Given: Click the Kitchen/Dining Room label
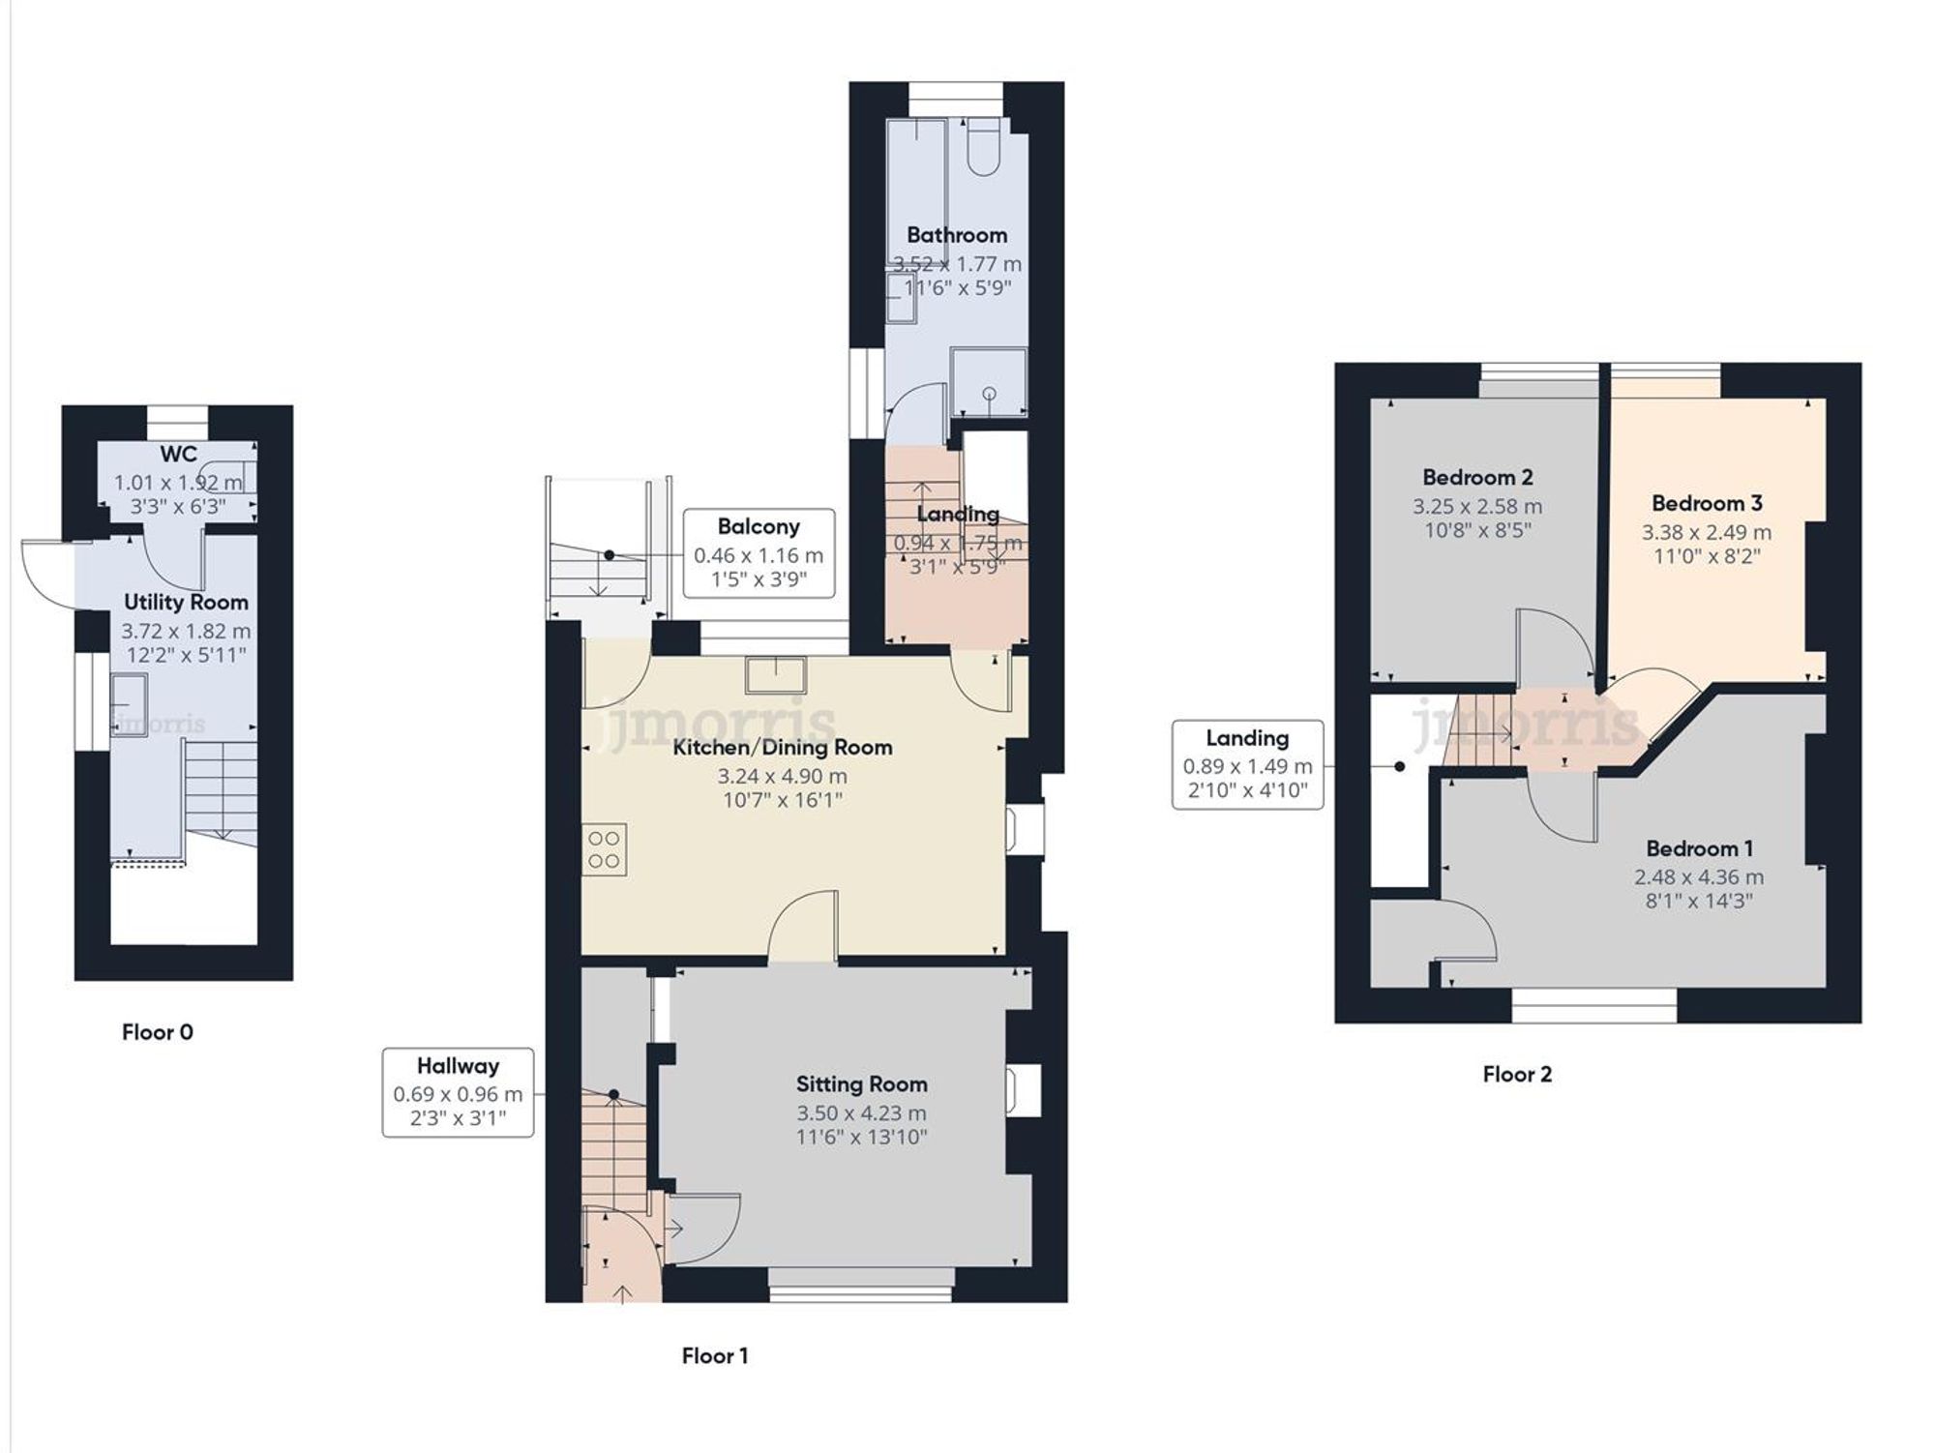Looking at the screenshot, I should [782, 747].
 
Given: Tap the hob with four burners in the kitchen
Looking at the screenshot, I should [605, 849].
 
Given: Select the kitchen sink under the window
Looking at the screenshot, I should [775, 674].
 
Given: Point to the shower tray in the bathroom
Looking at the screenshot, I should [988, 383].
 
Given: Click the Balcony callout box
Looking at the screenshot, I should [759, 553].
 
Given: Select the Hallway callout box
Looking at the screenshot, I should [458, 1092].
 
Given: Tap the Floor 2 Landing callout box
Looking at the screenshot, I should [1247, 764].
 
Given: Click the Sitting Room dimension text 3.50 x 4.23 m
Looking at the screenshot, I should [861, 1112].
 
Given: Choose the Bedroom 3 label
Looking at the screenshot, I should [1707, 503].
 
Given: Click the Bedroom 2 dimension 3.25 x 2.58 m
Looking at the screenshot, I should [1477, 506].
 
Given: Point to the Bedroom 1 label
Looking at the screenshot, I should [1699, 848].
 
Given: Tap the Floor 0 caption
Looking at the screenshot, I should [157, 1032].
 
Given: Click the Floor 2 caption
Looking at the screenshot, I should [1517, 1074].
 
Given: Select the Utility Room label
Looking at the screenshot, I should [186, 602].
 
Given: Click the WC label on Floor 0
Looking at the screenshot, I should [179, 455].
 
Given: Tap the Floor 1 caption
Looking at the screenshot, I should [714, 1355].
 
